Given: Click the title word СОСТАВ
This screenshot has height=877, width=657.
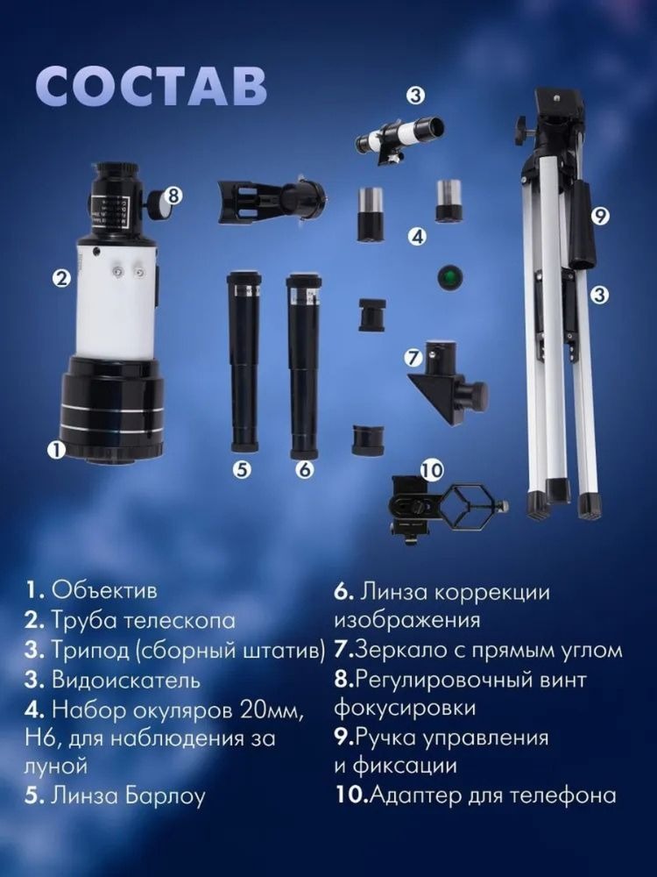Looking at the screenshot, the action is [x=152, y=87].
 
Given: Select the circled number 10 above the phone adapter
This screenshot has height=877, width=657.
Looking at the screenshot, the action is [x=432, y=470].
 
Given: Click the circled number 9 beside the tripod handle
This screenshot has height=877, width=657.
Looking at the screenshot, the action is [x=600, y=216].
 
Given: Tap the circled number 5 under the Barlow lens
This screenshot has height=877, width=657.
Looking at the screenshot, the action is [x=242, y=470].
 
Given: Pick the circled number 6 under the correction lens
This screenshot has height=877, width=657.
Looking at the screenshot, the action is [x=305, y=470].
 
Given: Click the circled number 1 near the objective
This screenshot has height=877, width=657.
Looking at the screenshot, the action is [x=56, y=450].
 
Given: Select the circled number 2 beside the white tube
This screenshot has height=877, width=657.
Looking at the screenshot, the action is [x=61, y=278].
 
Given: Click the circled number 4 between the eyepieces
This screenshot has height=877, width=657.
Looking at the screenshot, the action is [x=417, y=237].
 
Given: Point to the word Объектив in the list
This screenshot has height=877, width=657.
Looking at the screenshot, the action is [x=104, y=590].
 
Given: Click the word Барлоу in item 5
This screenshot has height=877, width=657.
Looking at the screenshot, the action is [x=165, y=796].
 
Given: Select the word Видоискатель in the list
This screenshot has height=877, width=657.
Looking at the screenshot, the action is [x=125, y=681].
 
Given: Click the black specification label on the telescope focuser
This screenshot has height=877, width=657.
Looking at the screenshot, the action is [x=112, y=212].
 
